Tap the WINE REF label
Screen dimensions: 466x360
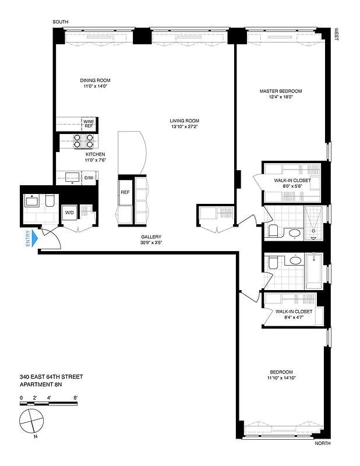tap(89, 123)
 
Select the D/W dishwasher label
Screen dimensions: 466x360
tap(89, 178)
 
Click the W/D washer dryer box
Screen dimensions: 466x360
tap(68, 212)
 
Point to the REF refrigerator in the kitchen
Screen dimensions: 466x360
tap(125, 192)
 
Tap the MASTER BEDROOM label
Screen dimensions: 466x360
tap(281, 91)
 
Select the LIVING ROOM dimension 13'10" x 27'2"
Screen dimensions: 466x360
tap(185, 127)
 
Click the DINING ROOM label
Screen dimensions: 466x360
tap(96, 80)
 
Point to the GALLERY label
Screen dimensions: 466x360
tap(150, 236)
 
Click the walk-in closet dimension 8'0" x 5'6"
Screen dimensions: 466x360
tap(292, 187)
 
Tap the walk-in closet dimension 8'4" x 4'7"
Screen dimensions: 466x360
tap(294, 317)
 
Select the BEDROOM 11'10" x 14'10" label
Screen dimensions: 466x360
tap(281, 375)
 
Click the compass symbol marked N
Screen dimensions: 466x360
tap(31, 420)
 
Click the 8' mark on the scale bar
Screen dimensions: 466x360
tap(76, 397)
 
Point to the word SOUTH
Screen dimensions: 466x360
tap(61, 22)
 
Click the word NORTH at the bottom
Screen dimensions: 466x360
tap(323, 443)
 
